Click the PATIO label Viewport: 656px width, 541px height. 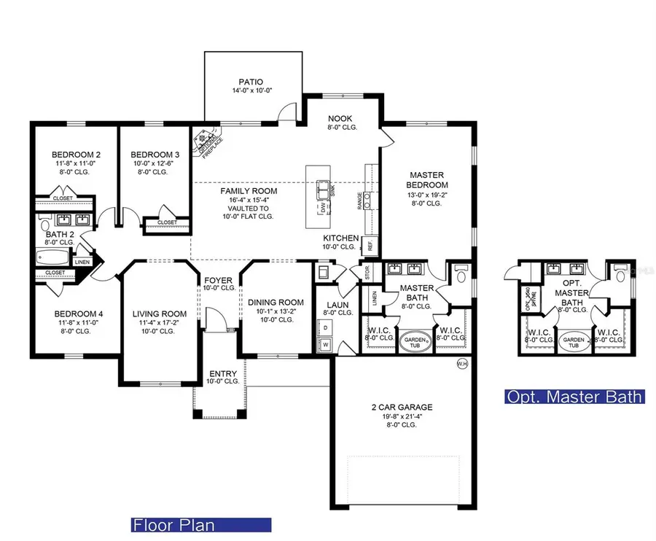pyautogui.click(x=251, y=82)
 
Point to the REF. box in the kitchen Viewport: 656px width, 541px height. pyautogui.click(x=370, y=246)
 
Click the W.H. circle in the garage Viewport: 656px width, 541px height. pyautogui.click(x=461, y=363)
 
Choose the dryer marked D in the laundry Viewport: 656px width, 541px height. pyautogui.click(x=325, y=328)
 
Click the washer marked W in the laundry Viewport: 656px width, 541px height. pyautogui.click(x=325, y=344)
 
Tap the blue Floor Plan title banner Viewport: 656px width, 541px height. pyautogui.click(x=200, y=525)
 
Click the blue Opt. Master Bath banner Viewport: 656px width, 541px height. pyautogui.click(x=575, y=397)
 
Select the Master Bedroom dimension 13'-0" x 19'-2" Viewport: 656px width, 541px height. pyautogui.click(x=427, y=195)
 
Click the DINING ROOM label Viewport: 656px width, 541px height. pyautogui.click(x=276, y=303)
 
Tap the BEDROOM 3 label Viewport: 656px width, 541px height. pyautogui.click(x=155, y=155)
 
